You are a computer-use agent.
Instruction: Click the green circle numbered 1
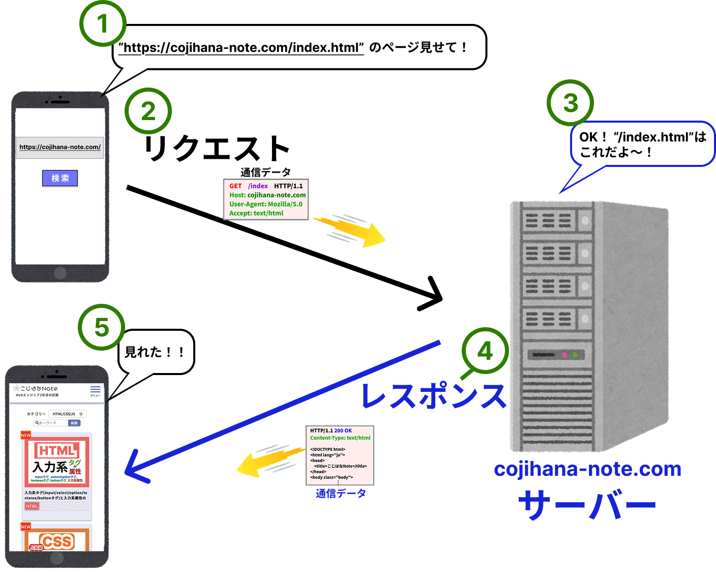click(103, 23)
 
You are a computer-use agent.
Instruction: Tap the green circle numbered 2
click(148, 111)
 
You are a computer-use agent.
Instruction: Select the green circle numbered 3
click(570, 103)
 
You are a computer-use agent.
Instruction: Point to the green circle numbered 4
click(485, 351)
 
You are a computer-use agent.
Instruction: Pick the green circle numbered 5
click(102, 327)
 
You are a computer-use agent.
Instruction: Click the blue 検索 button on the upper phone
click(60, 178)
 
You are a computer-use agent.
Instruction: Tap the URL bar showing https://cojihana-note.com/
click(60, 147)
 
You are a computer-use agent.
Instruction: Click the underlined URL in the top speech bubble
click(241, 48)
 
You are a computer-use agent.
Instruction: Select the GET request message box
click(266, 199)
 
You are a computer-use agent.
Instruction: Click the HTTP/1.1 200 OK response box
click(340, 455)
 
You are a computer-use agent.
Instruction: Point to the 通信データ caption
click(341, 494)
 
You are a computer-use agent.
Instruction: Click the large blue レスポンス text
click(434, 396)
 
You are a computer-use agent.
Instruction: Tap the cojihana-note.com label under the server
click(587, 469)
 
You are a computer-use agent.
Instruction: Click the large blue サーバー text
click(587, 505)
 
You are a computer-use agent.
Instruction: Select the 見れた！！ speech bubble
click(156, 352)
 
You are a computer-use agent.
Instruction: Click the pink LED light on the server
click(564, 355)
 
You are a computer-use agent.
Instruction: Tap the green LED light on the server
click(575, 355)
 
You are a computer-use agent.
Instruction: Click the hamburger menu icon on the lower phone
click(95, 389)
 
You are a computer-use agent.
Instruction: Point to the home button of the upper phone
click(60, 273)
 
